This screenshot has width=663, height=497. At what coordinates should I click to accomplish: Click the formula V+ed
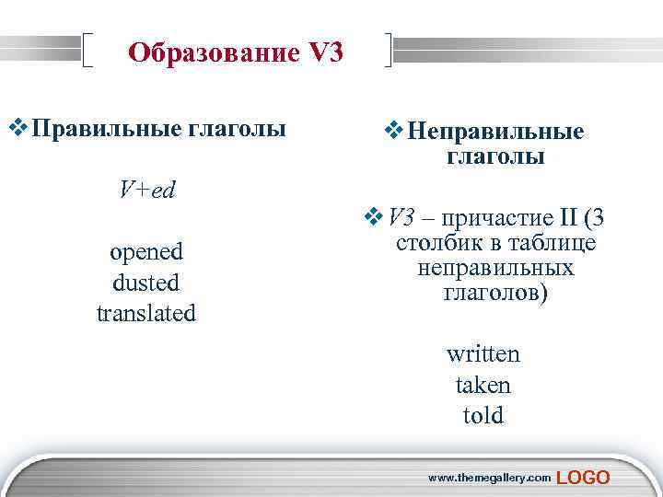tap(146, 190)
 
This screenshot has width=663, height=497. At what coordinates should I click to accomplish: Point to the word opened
tap(146, 251)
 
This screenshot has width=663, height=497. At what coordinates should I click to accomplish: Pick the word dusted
tap(146, 283)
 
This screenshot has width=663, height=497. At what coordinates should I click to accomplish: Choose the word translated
tap(146, 313)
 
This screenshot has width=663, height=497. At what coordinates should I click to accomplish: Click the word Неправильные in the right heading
tap(495, 132)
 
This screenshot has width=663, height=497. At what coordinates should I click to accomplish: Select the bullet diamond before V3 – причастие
tap(374, 218)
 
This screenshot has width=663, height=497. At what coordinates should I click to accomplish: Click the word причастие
tap(493, 218)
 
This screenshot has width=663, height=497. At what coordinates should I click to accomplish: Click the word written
tap(483, 353)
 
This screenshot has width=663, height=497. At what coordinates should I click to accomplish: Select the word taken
tap(483, 385)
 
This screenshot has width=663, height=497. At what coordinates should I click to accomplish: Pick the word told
tap(483, 416)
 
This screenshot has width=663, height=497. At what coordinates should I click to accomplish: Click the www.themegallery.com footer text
tap(490, 478)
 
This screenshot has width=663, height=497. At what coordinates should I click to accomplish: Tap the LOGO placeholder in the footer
tap(584, 477)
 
